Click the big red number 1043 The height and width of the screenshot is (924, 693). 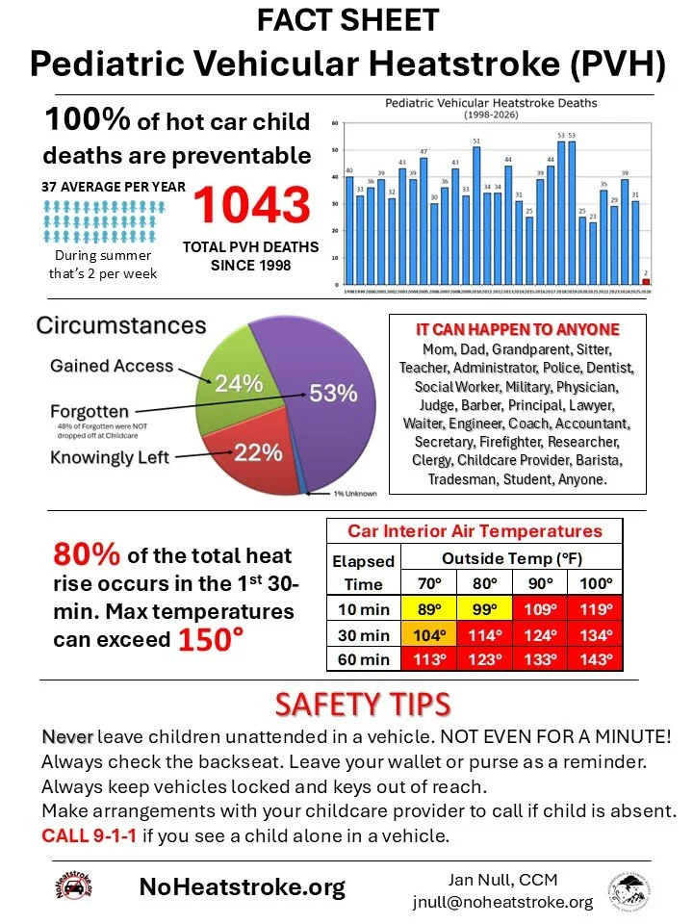coord(253,204)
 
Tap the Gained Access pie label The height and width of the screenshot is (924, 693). coord(111,366)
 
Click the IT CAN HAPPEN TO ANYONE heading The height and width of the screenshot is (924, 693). coord(517,327)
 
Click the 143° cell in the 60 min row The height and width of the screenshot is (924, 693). coord(595,660)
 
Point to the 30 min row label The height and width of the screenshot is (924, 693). coord(363,635)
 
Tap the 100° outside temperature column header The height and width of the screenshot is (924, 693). coord(595,583)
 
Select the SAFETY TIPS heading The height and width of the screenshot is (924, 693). coord(362,705)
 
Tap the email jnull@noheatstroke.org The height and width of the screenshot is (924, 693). coord(503,902)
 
